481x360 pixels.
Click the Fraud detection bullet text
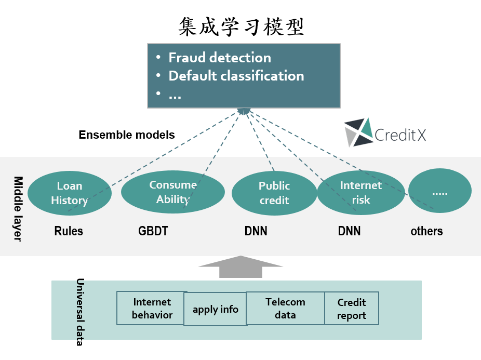pos(219,58)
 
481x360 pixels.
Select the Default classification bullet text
pos(236,76)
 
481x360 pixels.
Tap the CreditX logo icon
pos(359,132)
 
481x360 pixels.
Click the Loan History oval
pos(69,193)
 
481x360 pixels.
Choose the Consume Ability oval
pos(172,192)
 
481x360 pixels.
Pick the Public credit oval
pos(274,193)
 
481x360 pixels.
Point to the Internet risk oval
pos(360,193)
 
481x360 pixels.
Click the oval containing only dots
pos(439,191)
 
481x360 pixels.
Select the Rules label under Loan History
pos(69,231)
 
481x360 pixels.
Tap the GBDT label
pos(153,231)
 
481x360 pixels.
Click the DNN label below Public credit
pos(256,231)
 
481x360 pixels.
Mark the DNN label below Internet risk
pos(349,231)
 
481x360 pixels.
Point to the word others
pos(426,231)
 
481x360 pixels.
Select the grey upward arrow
pos(240,266)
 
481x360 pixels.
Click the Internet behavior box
pos(152,308)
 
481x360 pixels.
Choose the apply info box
pos(215,310)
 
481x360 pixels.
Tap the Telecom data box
pos(285,308)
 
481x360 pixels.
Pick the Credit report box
pos(352,309)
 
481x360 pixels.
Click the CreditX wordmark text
pos(400,136)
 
